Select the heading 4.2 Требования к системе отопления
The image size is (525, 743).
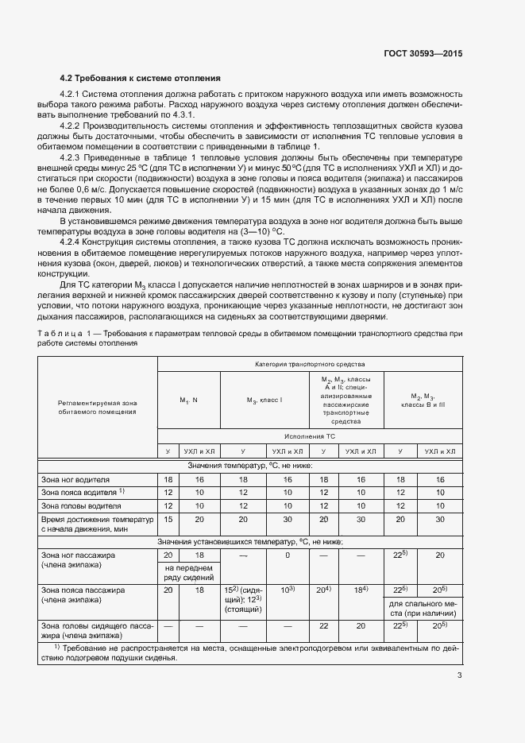pos(141,78)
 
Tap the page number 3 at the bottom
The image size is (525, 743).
pos(459,675)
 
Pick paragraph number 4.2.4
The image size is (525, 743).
pos(71,241)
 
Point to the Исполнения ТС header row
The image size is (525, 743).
pos(310,436)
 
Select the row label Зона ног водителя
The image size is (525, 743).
pos(75,480)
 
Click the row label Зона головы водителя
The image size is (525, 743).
pos(80,505)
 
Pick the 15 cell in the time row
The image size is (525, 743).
pos(168,519)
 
